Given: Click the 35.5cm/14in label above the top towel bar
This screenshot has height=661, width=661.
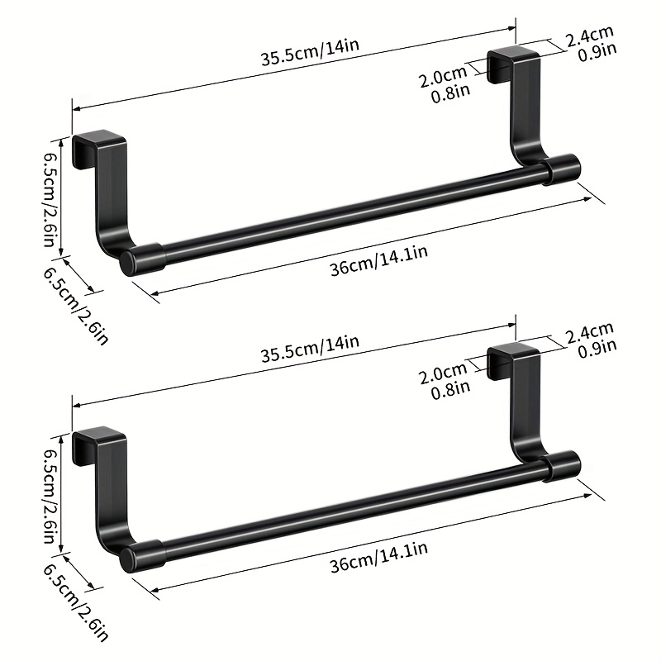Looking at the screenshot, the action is (310, 52).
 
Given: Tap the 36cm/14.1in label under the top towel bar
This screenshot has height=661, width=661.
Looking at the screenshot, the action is (379, 261).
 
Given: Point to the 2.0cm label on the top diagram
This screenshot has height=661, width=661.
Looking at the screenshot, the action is (443, 76).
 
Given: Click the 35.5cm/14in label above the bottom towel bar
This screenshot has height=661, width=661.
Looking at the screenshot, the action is (310, 349).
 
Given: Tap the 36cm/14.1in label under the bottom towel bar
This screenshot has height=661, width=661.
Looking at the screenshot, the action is (379, 557).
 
